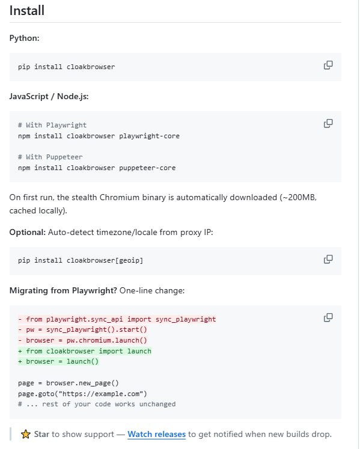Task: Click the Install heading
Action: click(x=27, y=11)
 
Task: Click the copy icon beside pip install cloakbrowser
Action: click(x=328, y=66)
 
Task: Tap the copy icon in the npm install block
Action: click(x=328, y=123)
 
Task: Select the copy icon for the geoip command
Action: click(x=328, y=259)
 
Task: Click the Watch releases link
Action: click(x=157, y=434)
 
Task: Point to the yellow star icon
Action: click(x=25, y=434)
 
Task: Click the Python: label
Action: click(x=25, y=38)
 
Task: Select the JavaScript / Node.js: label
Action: click(x=49, y=96)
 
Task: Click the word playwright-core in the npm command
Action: click(x=149, y=136)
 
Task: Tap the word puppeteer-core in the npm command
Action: click(x=147, y=168)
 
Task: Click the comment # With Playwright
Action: click(x=52, y=125)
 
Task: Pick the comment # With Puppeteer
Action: click(x=50, y=157)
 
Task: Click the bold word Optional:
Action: click(x=28, y=232)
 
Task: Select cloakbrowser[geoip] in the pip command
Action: click(x=105, y=260)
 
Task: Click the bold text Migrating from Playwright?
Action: click(x=63, y=290)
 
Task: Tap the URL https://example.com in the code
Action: click(x=101, y=394)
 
